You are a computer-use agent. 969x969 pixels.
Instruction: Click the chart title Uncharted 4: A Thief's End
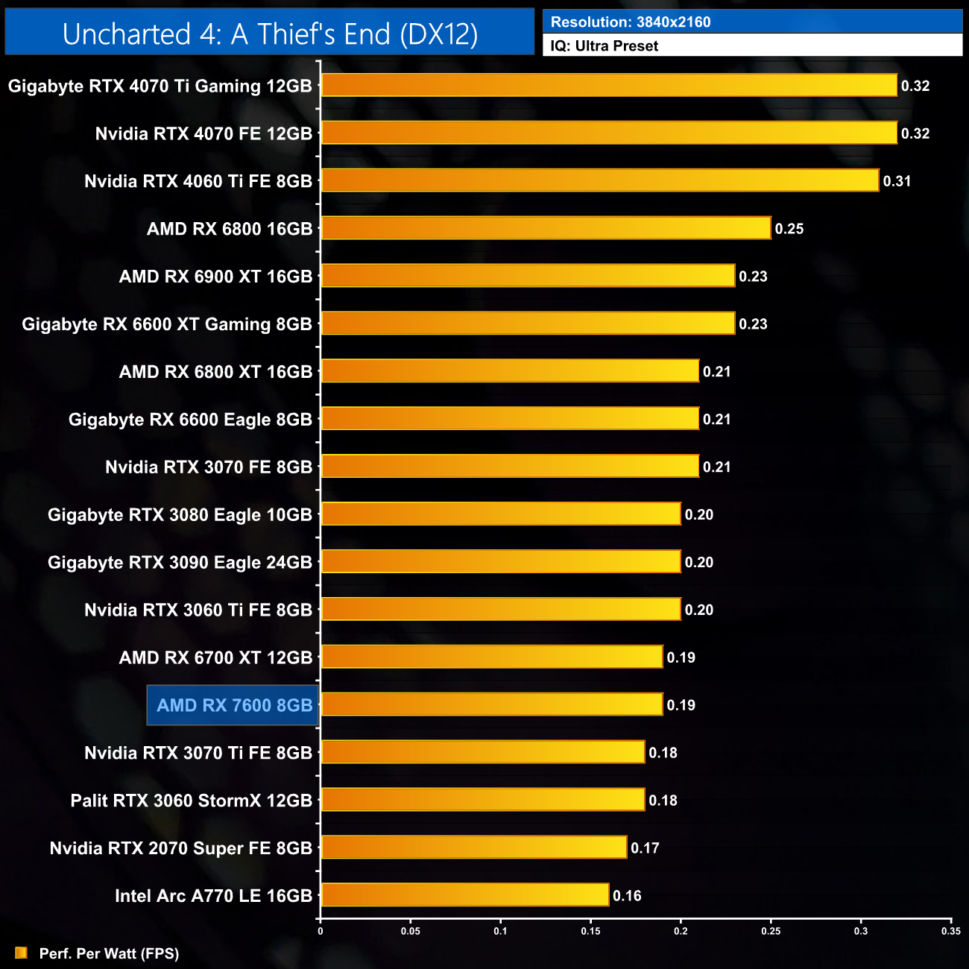(x=270, y=34)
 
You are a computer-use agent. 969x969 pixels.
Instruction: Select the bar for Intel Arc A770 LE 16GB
(x=464, y=895)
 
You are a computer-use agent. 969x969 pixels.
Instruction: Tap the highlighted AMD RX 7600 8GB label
(x=234, y=705)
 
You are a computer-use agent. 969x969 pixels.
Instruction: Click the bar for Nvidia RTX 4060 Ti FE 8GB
(x=599, y=180)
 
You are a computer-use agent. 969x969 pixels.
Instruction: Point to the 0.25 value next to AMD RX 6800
(x=789, y=229)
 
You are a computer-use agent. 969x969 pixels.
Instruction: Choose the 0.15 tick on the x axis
(x=590, y=931)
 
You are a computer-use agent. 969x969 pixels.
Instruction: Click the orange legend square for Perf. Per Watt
(x=21, y=953)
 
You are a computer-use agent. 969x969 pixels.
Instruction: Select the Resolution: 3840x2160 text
(x=631, y=22)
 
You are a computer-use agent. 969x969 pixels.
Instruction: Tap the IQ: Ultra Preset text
(x=605, y=46)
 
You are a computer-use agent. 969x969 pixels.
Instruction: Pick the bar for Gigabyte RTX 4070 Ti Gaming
(x=609, y=85)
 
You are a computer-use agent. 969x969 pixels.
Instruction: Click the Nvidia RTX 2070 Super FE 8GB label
(x=180, y=848)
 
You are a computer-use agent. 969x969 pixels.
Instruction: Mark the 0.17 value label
(x=645, y=848)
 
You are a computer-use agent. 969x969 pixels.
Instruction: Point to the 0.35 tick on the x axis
(x=950, y=931)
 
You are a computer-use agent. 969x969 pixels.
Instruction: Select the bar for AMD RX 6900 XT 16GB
(x=528, y=276)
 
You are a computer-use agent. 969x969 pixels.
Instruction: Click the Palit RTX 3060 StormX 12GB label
(x=191, y=801)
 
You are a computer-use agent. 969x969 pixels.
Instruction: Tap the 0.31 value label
(x=897, y=181)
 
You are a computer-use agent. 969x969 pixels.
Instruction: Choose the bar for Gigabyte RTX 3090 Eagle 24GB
(x=501, y=562)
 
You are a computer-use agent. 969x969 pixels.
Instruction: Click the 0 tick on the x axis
(x=321, y=931)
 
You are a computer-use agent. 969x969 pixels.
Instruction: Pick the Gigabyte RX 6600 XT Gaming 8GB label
(x=167, y=324)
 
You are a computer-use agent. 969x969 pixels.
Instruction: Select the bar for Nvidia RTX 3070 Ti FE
(x=482, y=752)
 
